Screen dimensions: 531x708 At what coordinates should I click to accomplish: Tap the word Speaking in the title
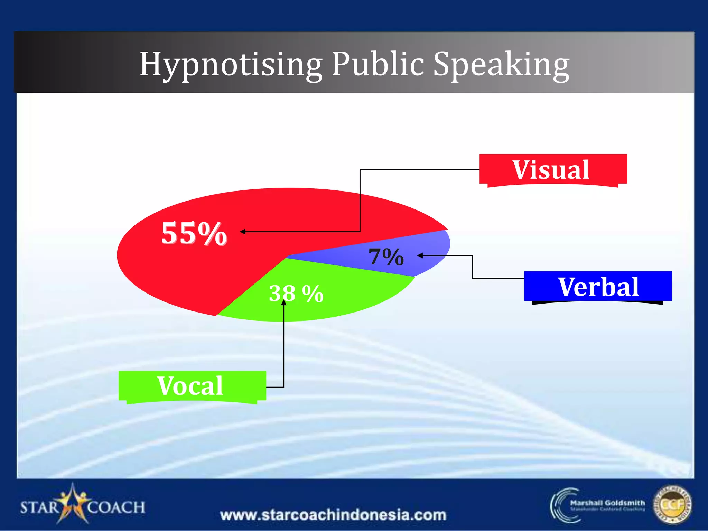pos(501,65)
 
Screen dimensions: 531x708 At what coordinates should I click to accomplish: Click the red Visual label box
pos(553,170)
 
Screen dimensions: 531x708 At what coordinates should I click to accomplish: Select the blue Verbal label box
pos(598,287)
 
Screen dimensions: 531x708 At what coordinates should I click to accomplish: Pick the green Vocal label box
pos(192,386)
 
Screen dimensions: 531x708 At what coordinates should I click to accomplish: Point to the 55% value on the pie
pos(194,234)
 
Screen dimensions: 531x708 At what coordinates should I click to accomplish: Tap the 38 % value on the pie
pos(296,294)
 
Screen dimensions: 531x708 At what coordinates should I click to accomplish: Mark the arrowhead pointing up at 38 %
pos(283,302)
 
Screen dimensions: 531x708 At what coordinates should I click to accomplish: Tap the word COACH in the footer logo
pos(116,507)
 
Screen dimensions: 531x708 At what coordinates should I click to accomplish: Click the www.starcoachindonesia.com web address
pos(333,515)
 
